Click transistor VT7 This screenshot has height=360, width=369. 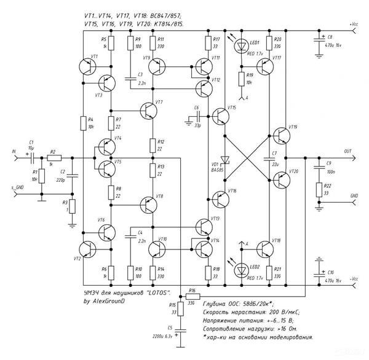click(x=149, y=110)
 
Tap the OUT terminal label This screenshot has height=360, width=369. click(x=348, y=151)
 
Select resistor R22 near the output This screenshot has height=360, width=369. click(x=319, y=190)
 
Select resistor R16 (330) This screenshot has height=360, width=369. click(x=191, y=294)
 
